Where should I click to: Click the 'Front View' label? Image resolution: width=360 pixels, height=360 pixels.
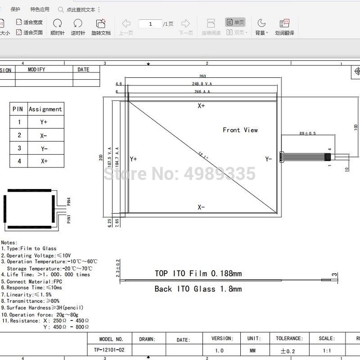click(240, 130)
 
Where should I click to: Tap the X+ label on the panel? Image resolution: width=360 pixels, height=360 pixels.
click(201, 106)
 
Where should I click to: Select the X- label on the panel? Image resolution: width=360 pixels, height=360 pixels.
click(201, 207)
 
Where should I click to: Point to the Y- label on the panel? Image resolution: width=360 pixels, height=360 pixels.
click(269, 159)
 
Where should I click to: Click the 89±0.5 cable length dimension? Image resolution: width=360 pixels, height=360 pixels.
click(307, 133)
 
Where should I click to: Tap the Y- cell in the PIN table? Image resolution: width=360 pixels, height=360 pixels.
click(44, 148)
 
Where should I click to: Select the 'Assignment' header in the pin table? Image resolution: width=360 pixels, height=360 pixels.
click(45, 109)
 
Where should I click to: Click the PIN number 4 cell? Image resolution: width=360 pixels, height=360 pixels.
click(19, 161)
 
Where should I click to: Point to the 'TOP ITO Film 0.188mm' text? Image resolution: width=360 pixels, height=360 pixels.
click(198, 273)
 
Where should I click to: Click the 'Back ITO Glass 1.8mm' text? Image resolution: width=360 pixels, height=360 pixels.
click(198, 289)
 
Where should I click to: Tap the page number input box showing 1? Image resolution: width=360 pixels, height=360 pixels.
click(150, 24)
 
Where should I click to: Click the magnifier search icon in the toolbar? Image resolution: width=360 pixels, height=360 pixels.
click(61, 9)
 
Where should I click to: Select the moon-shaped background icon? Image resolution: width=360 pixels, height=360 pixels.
click(261, 23)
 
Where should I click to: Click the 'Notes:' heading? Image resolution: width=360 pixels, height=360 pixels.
click(9, 242)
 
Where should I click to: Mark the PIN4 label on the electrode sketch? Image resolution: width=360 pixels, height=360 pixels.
click(69, 201)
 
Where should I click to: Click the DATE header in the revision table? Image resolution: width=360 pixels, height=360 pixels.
click(84, 70)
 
